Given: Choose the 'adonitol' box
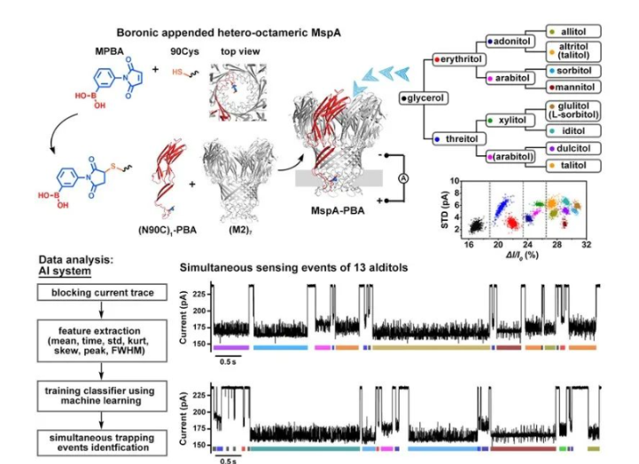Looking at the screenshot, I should click(x=512, y=40).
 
